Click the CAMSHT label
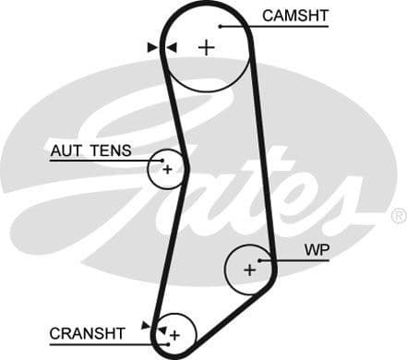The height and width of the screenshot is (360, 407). click(x=294, y=16)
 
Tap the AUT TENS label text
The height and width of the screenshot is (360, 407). click(x=90, y=150)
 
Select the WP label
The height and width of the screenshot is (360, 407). click(x=317, y=250)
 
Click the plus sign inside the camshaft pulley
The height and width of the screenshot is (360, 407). click(x=205, y=48)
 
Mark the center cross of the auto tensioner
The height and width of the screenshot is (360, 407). click(x=167, y=169)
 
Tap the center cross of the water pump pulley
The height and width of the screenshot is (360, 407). click(x=249, y=270)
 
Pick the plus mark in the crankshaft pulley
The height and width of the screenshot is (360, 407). click(x=174, y=333)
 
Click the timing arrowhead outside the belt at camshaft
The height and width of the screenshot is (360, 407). click(x=152, y=46)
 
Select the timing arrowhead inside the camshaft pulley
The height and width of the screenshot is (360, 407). click(x=171, y=46)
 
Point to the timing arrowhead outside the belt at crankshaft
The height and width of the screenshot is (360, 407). click(x=146, y=325)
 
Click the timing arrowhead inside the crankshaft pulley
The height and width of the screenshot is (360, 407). click(x=161, y=329)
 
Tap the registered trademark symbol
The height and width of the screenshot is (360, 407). click(x=398, y=215)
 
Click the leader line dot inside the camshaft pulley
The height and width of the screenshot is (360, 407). click(x=221, y=26)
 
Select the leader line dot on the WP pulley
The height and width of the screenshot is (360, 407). click(x=261, y=260)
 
